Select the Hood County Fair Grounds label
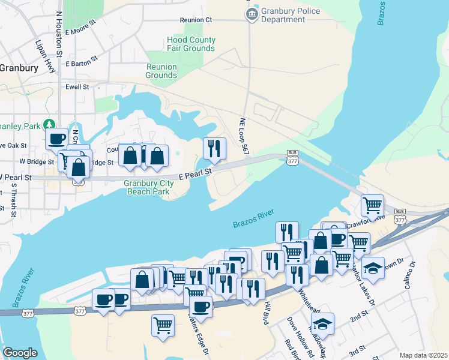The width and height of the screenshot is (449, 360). tap(191, 44)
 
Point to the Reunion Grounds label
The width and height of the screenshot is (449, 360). tap(161, 71)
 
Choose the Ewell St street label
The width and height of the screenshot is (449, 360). tap(77, 87)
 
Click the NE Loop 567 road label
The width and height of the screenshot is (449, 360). tap(244, 136)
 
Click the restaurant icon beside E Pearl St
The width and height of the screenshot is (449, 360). tap(214, 148)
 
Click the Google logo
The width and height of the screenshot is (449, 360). tap(20, 352)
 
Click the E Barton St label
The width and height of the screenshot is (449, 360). tap(82, 63)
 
